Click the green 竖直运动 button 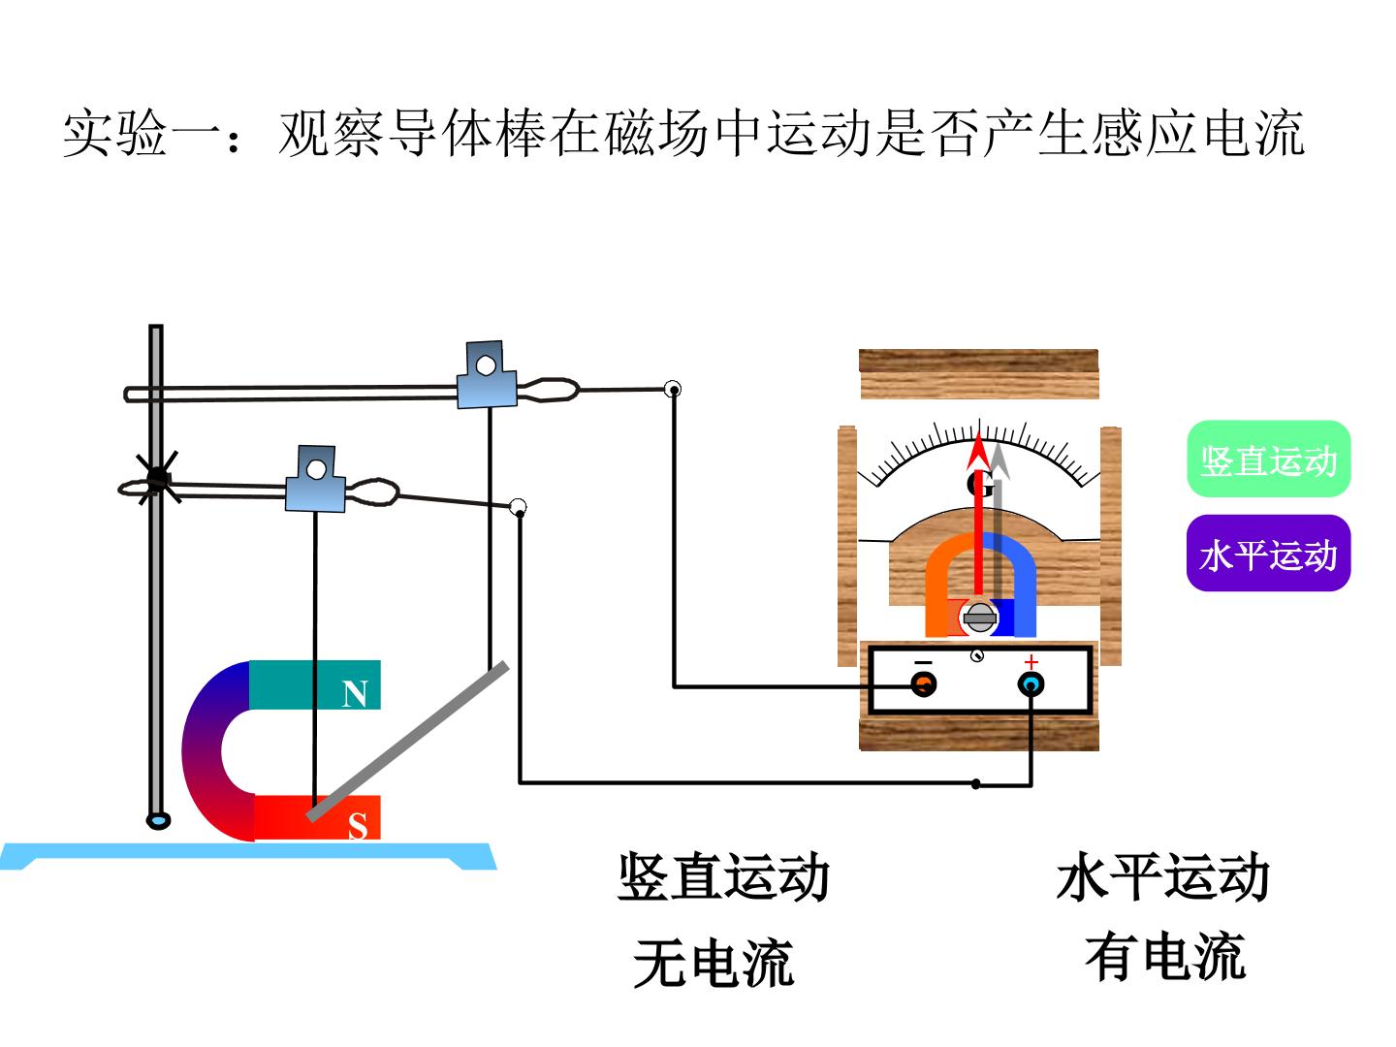pyautogui.click(x=1268, y=459)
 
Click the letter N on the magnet pyautogui.click(x=354, y=694)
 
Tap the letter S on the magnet pyautogui.click(x=358, y=827)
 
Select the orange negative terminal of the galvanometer pyautogui.click(x=923, y=684)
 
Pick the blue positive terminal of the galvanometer pyautogui.click(x=1031, y=684)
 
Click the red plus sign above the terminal pyautogui.click(x=1031, y=662)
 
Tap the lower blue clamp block pyautogui.click(x=315, y=479)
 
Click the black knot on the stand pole pyautogui.click(x=157, y=477)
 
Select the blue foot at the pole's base pyautogui.click(x=158, y=820)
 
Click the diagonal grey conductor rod pyautogui.click(x=408, y=742)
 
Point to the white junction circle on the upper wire pyautogui.click(x=672, y=389)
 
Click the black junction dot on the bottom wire pyautogui.click(x=976, y=784)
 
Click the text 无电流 pyautogui.click(x=713, y=963)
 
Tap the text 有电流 pyautogui.click(x=1164, y=956)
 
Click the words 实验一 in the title pyautogui.click(x=115, y=133)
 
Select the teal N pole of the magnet pyautogui.click(x=315, y=684)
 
